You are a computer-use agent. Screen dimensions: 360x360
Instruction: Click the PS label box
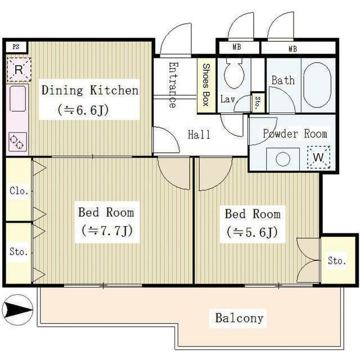[16, 47]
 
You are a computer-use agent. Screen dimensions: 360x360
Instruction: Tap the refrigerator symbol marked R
[19, 70]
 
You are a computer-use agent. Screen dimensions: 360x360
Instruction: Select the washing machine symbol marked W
[318, 157]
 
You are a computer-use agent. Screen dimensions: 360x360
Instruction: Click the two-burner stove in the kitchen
[17, 142]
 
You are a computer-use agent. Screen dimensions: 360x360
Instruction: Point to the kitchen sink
[17, 99]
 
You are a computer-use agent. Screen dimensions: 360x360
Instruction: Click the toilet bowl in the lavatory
[234, 74]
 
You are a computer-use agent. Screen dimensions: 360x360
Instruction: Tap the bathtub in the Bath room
[317, 85]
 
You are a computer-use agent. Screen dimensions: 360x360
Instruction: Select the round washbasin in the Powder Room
[283, 159]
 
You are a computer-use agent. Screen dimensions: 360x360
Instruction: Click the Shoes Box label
[206, 85]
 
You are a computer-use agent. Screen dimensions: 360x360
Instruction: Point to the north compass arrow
[17, 310]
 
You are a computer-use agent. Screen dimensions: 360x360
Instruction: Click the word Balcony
[239, 318]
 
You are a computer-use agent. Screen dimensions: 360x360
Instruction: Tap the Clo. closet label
[19, 191]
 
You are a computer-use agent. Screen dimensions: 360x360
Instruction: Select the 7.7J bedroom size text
[107, 231]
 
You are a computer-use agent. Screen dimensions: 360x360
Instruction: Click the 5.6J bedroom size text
[253, 232]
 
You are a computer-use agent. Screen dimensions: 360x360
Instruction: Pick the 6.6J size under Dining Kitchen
[83, 110]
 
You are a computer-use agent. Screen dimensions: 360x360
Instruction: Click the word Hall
[199, 134]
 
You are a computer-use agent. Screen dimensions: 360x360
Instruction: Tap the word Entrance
[173, 85]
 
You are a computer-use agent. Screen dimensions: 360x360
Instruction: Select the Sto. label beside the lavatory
[258, 102]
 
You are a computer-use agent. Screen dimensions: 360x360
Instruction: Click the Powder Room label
[295, 134]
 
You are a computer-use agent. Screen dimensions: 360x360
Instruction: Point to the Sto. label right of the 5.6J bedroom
[337, 260]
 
